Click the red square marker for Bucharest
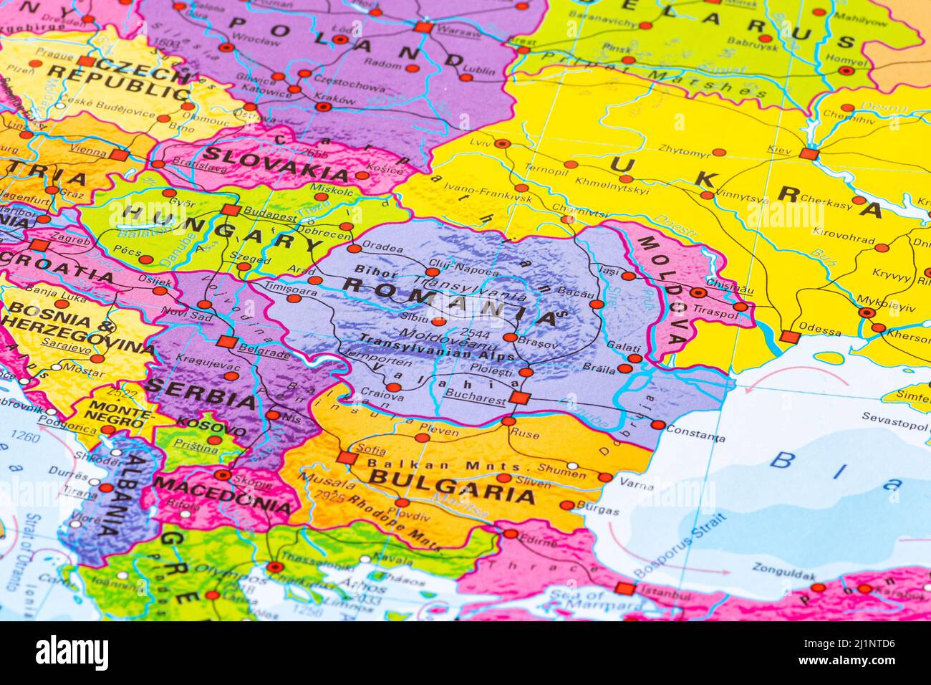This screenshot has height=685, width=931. [x=519, y=398]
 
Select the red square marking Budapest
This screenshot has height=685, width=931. [x=230, y=210]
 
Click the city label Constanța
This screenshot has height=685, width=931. [x=694, y=436]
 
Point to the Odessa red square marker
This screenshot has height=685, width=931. [x=789, y=337]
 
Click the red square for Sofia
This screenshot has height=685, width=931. [x=347, y=458]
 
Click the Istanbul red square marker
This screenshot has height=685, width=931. [x=624, y=589]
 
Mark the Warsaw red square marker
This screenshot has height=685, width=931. [x=424, y=27]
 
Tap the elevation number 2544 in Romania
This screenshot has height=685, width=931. [x=477, y=333]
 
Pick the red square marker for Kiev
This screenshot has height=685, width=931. [x=808, y=153]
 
